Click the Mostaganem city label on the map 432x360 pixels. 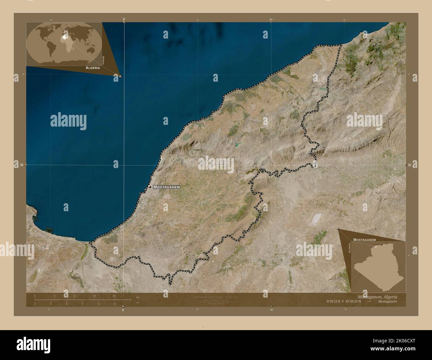coord(166,187)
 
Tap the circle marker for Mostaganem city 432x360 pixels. coord(150,187)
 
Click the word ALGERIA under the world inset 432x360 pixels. coord(93,67)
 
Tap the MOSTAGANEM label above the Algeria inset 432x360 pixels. coord(364,239)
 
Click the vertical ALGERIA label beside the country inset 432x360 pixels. coord(350,248)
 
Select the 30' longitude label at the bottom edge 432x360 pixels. coord(271,310)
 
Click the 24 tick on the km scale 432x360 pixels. coord(114,296)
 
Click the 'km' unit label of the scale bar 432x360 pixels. coord(138,297)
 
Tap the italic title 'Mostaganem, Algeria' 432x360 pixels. coord(377,296)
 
